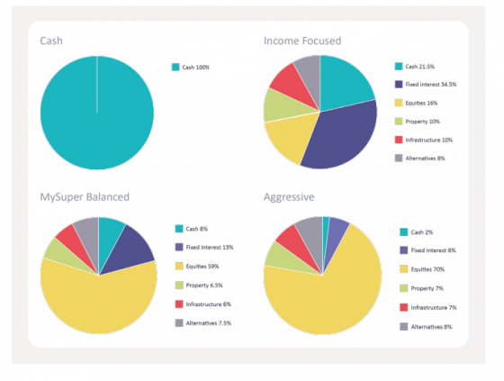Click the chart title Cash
coord(51,41)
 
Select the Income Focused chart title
coord(302,41)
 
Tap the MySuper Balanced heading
coord(85,196)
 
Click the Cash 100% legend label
coord(195,68)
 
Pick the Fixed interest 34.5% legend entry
coord(430,85)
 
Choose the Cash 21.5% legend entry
coord(419,67)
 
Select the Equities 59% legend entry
coord(203,266)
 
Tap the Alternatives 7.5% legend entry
coord(210,322)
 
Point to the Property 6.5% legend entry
coord(206,285)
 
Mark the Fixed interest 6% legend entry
coord(431,249)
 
